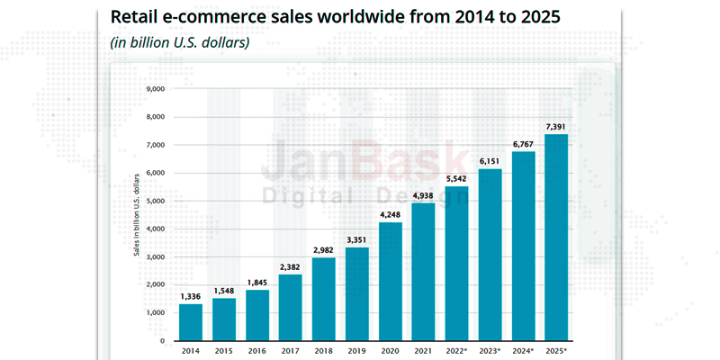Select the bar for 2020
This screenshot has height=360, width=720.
coord(391,281)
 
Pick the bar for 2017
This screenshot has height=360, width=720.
coord(291,307)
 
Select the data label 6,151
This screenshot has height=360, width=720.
coord(491,159)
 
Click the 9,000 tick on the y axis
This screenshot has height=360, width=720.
coord(154,89)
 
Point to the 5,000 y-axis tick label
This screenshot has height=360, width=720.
coord(154,201)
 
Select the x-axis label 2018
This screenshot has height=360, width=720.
coord(324,352)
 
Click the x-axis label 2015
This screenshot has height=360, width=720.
coord(224,352)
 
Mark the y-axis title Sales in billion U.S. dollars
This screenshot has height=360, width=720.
coord(137,215)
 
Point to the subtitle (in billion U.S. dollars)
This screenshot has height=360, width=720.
coord(179,42)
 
